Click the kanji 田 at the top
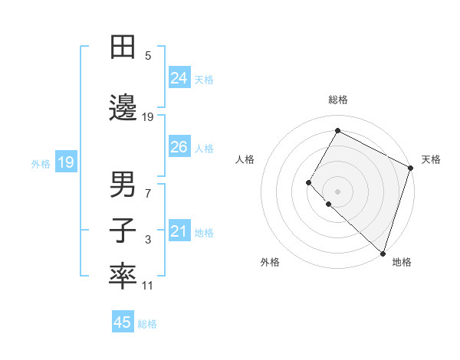pos(123,47)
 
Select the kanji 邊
pos(123,108)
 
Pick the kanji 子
pos(123,231)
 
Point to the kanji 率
pos(123,277)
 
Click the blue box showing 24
pos(179,77)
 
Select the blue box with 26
pos(179,147)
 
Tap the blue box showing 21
pos(179,231)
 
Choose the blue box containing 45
pos(123,322)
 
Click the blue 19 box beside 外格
pos(65,162)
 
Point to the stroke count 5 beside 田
pos(148,55)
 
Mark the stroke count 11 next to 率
pos(148,286)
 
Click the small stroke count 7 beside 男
pos(148,194)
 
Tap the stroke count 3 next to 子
pos(148,241)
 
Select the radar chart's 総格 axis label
pos(337,100)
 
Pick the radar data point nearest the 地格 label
pos(383,253)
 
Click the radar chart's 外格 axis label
pos(270,262)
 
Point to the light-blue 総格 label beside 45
pos(148,324)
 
